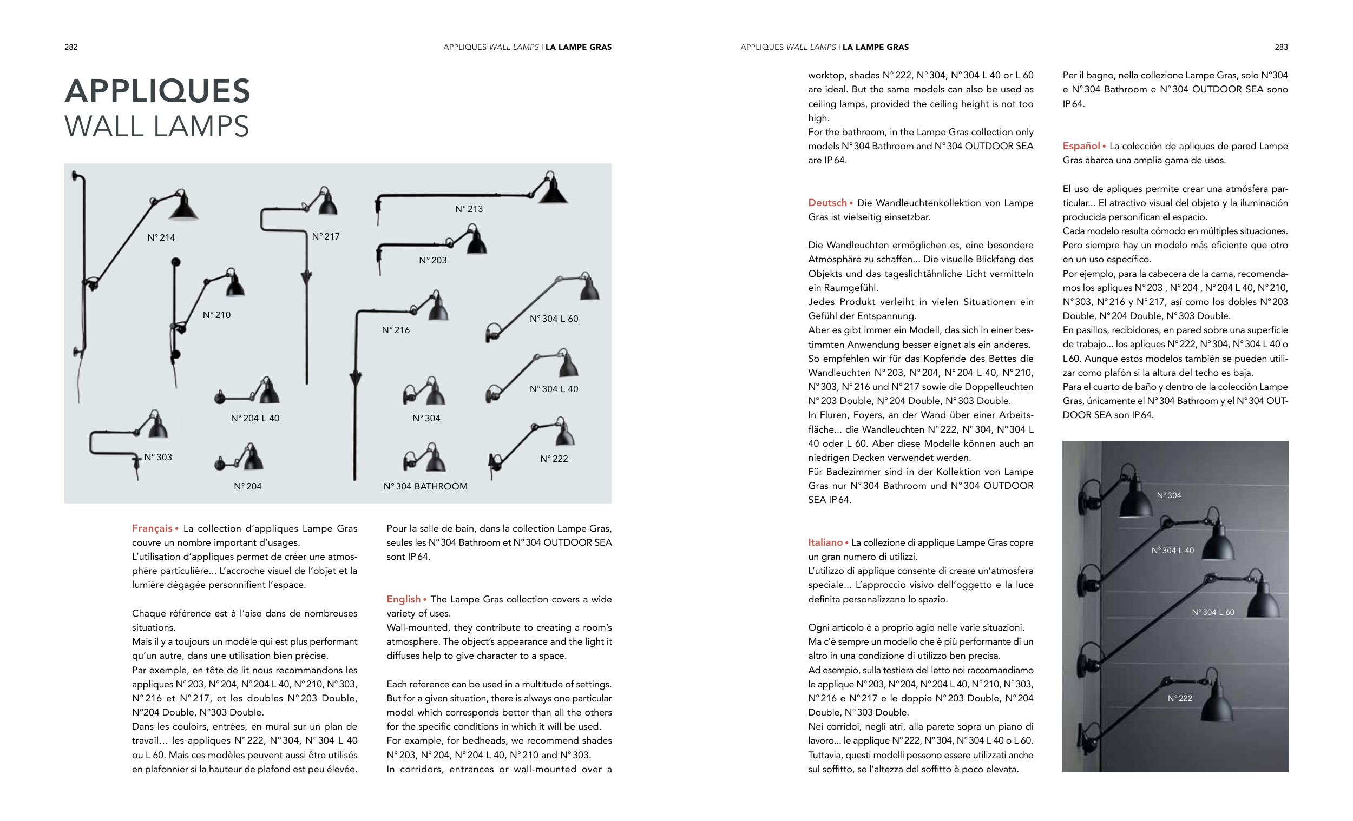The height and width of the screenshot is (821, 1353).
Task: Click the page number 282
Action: [71, 47]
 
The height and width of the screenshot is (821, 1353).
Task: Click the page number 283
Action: [1280, 47]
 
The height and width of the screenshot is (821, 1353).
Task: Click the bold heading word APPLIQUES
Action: [157, 91]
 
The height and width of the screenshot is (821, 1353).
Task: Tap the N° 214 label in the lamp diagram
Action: [161, 237]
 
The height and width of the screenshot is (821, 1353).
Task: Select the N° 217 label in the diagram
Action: [326, 236]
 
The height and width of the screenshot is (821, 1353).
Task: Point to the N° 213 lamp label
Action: [469, 209]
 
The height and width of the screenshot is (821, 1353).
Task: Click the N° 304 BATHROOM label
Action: [425, 487]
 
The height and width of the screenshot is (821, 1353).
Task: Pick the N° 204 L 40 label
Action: [255, 418]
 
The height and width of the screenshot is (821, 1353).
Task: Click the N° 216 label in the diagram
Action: [396, 330]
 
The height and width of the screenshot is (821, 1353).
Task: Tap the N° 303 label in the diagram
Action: [158, 457]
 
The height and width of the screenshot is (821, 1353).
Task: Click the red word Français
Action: [152, 528]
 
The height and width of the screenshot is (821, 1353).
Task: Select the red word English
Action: [404, 599]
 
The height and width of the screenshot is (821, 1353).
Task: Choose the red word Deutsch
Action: [827, 203]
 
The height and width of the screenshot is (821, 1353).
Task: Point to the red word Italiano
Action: [825, 543]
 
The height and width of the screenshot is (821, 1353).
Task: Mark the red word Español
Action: [1081, 146]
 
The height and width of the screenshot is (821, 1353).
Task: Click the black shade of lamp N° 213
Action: [553, 191]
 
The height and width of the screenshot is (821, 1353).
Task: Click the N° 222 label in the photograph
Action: [1179, 699]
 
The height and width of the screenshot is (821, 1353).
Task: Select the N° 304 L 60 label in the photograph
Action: [1212, 612]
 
